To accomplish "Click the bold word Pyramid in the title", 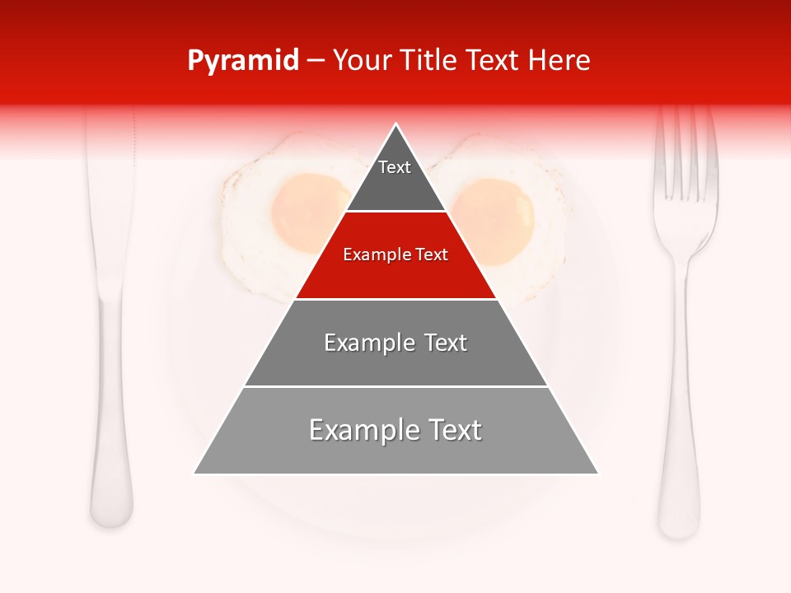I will pyautogui.click(x=242, y=61).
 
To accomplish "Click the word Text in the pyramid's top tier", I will pyautogui.click(x=395, y=167).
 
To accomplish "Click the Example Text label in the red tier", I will pyautogui.click(x=395, y=255).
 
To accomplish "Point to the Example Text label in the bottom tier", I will pyautogui.click(x=395, y=431).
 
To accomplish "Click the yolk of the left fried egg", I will pyautogui.click(x=308, y=212).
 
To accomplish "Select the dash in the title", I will pyautogui.click(x=316, y=61).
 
